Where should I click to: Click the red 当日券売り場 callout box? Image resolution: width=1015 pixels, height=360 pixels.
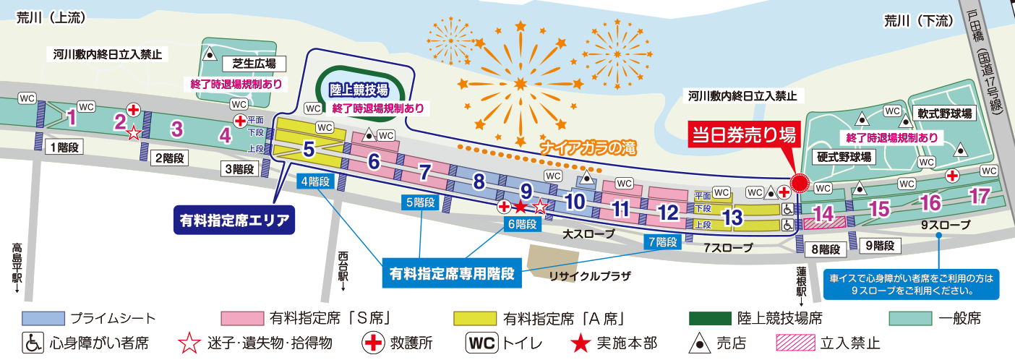click(x=744, y=135)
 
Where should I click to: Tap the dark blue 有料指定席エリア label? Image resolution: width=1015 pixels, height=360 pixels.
click(x=235, y=219)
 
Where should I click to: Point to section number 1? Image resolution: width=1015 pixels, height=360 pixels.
click(x=71, y=116)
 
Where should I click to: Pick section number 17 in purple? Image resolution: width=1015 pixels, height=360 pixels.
click(x=980, y=196)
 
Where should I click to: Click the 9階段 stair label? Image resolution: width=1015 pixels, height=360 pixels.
click(x=878, y=246)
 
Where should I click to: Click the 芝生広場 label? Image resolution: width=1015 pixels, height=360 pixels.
click(x=249, y=62)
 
